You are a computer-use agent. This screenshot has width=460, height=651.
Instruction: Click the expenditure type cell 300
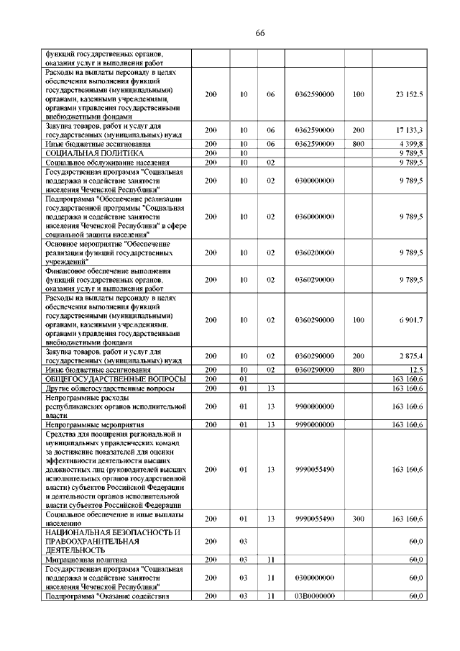(359, 518)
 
